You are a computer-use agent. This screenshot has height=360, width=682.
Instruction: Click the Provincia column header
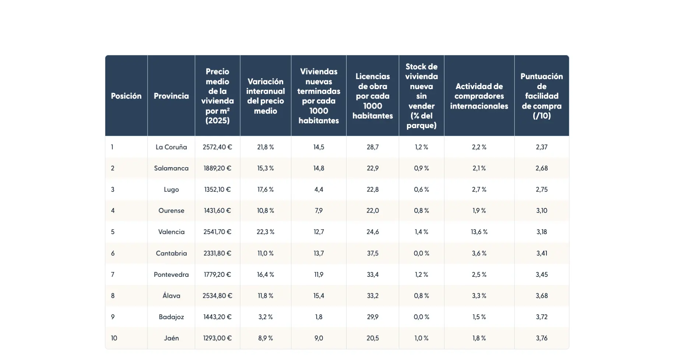coord(171,96)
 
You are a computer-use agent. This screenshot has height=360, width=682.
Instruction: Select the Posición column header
coord(126,96)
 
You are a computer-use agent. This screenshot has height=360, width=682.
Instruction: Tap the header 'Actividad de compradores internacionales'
coord(479,96)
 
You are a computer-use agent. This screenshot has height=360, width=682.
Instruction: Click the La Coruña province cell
coord(171,147)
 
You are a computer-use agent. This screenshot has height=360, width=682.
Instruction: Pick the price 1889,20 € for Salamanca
coord(217,168)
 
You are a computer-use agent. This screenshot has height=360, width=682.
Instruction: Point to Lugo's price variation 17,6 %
coord(265,190)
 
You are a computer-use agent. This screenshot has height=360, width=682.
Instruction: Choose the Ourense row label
coord(171,211)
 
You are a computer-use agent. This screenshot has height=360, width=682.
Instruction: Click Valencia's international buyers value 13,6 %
coord(479,232)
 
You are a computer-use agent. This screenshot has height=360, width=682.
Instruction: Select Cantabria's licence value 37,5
coord(372,253)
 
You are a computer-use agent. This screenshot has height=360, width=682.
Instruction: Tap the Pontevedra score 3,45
coord(541,275)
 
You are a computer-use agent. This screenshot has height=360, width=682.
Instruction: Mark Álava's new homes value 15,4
coord(319,296)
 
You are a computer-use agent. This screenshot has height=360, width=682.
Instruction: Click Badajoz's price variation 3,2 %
coord(265,317)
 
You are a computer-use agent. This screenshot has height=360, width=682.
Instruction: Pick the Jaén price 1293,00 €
coord(217,338)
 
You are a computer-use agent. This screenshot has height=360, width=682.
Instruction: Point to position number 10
coord(114,338)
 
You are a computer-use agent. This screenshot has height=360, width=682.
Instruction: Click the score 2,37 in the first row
coord(541,147)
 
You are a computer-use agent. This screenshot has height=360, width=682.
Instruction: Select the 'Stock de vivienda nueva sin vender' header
coord(421,96)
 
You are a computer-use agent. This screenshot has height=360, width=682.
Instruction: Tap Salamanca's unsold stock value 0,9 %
coord(421,168)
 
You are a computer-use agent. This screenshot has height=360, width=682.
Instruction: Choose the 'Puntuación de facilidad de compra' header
coord(541,96)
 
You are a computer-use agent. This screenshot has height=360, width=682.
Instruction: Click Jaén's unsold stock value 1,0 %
coord(421,338)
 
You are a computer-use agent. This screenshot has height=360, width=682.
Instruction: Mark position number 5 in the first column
coord(113,232)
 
